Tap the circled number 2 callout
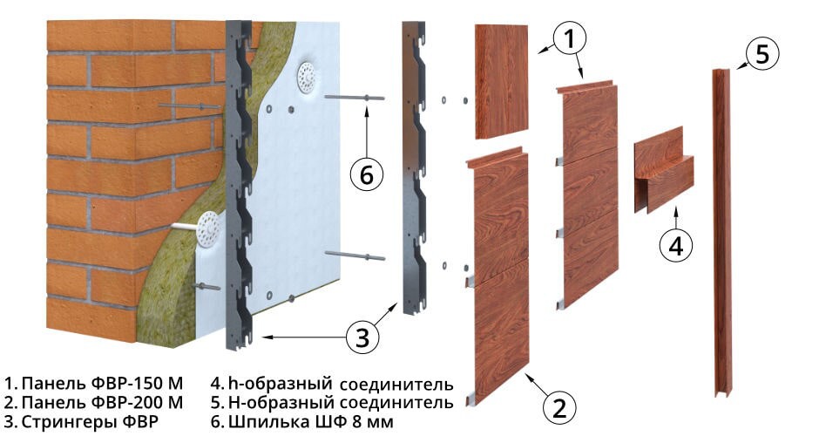coord(559,406)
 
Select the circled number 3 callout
coord(362,337)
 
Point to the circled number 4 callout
coord(676,245)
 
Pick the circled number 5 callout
coord(762,53)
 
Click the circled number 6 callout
coord(367,174)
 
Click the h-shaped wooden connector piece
coord(664,169)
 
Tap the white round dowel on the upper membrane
coord(306,78)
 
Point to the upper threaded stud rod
coord(354,98)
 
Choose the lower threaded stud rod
coord(355,255)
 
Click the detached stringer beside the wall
coord(414,167)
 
